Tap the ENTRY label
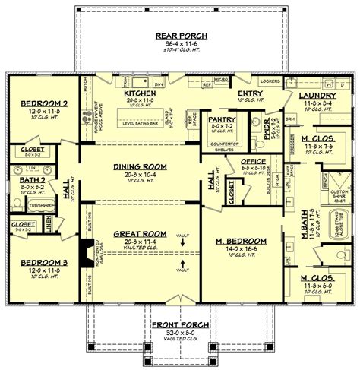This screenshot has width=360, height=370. (249, 91)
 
